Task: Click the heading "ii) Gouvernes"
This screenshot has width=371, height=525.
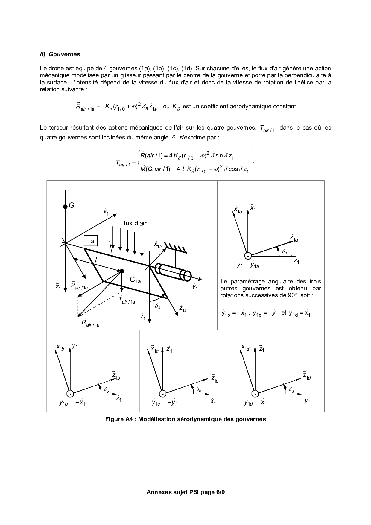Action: click(x=60, y=54)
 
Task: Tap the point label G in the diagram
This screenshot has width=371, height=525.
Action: click(x=72, y=205)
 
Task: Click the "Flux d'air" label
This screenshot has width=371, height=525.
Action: click(x=133, y=223)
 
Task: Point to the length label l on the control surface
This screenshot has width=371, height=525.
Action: click(x=96, y=260)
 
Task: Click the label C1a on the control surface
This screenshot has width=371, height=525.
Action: click(x=135, y=280)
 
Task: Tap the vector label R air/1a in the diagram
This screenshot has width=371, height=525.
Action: click(x=90, y=323)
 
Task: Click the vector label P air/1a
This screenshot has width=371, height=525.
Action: click(x=79, y=286)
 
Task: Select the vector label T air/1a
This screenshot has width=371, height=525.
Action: click(x=127, y=300)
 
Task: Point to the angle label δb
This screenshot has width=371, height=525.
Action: click(x=107, y=390)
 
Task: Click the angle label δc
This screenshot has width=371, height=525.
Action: click(x=199, y=390)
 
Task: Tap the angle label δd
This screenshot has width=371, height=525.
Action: click(x=291, y=390)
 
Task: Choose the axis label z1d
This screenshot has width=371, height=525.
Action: click(x=307, y=376)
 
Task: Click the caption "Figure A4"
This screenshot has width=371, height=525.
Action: click(x=118, y=419)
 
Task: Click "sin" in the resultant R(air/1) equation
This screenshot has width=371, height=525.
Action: click(x=219, y=155)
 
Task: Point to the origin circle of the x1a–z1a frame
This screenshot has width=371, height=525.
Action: click(x=248, y=256)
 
